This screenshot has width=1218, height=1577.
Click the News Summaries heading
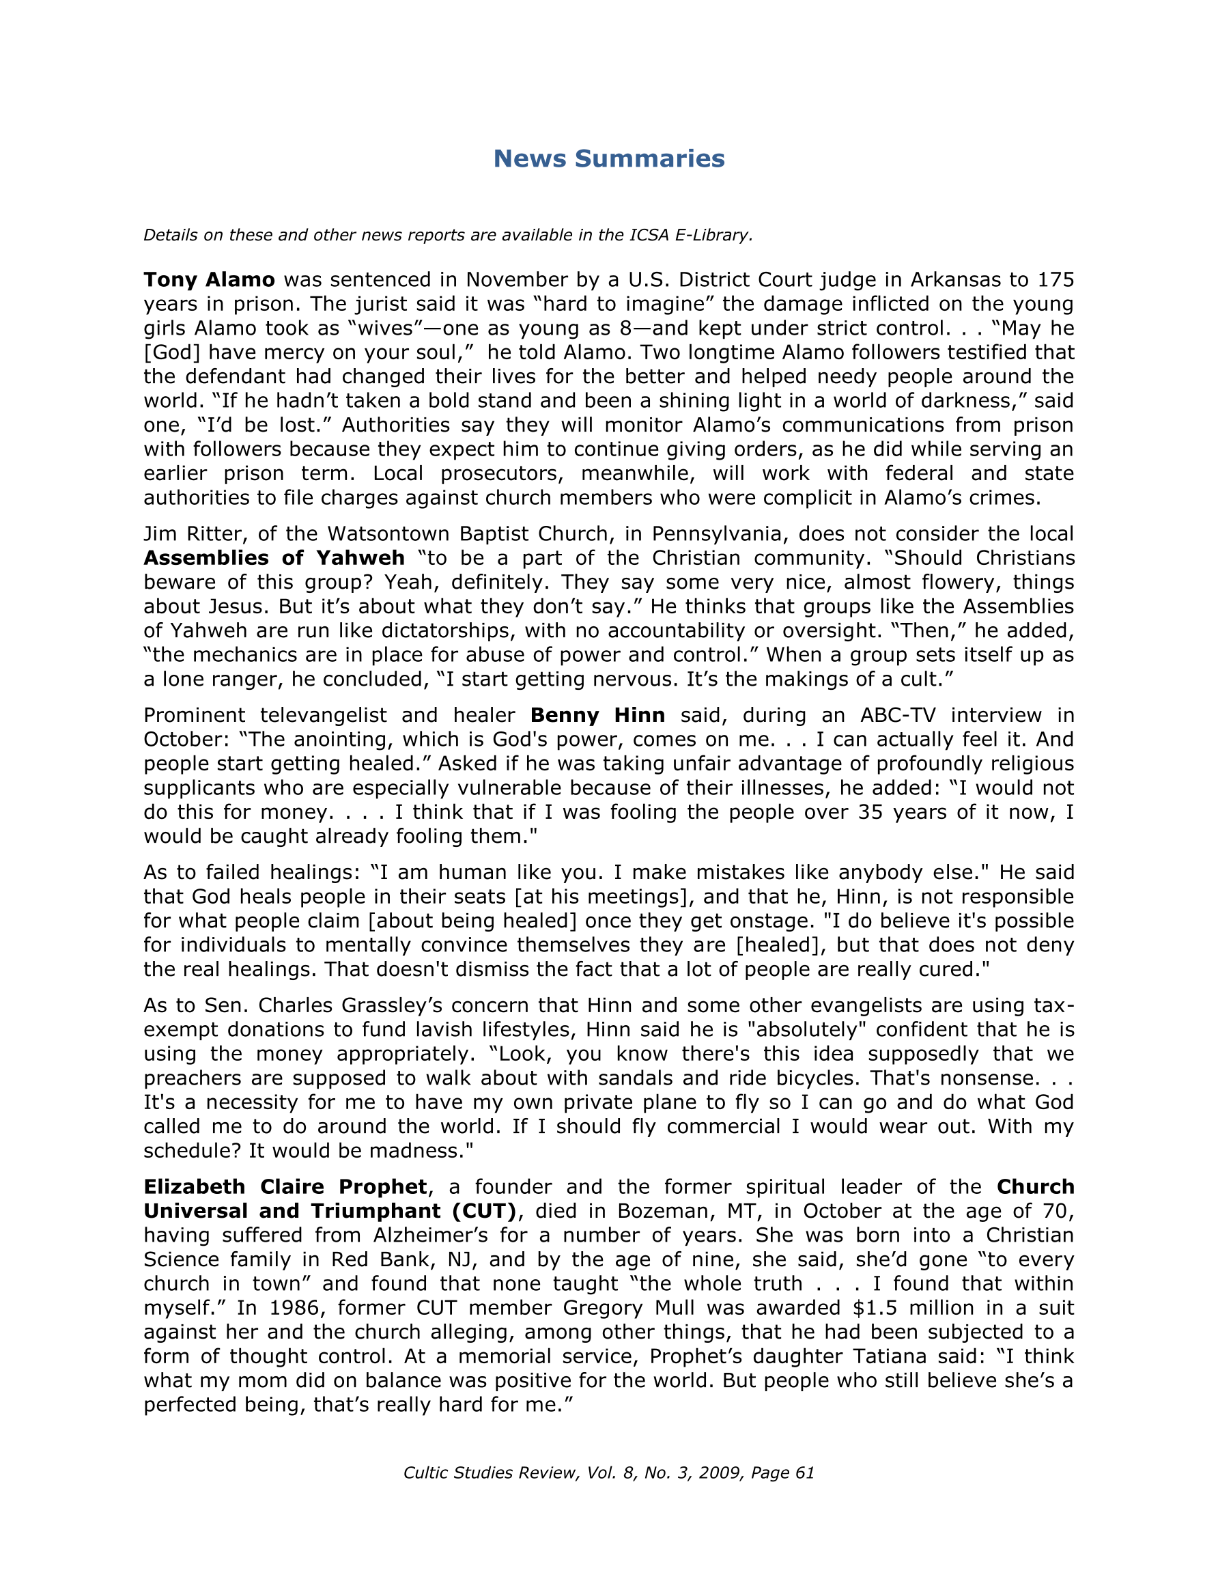click(x=608, y=159)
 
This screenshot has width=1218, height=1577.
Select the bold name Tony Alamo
click(x=209, y=279)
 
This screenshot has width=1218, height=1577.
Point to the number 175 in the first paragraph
click(x=1056, y=279)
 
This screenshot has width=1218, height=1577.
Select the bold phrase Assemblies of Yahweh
click(x=274, y=558)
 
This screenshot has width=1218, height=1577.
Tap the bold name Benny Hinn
click(x=597, y=715)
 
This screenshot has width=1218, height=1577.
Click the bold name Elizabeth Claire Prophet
click(x=285, y=1186)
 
